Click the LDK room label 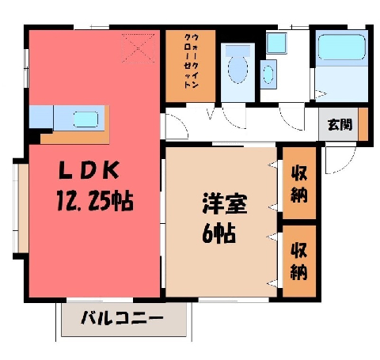pos(89,170)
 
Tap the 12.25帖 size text pos(95,201)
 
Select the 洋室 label pos(225,203)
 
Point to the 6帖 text pos(218,233)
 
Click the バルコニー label pos(122,318)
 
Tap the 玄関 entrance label pos(340,125)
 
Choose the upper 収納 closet pos(299,184)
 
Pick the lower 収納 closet pos(299,261)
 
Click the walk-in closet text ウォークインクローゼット pos(191,61)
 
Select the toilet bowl pos(237,69)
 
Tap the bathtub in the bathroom pos(341,47)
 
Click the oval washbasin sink pos(268,74)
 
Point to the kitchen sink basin pos(85,119)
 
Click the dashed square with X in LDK pos(139,48)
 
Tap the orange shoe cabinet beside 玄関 pos(363,124)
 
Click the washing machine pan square pos(276,44)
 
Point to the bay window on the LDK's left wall pos(21,208)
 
